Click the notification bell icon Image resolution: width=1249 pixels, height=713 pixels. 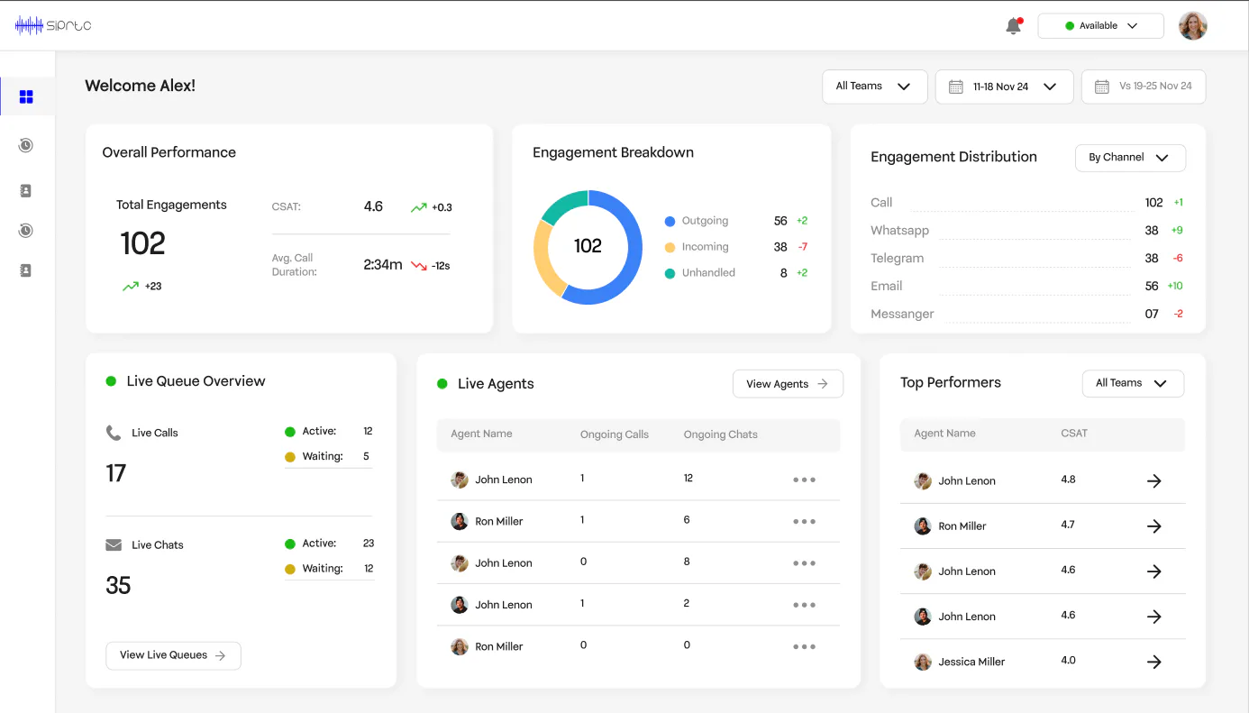(1014, 25)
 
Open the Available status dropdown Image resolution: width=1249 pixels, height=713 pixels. (1100, 25)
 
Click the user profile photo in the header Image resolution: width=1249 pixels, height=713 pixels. (1193, 25)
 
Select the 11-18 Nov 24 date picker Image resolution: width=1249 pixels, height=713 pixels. (1004, 87)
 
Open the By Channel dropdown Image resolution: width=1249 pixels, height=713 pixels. (1130, 158)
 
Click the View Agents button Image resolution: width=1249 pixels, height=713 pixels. (788, 384)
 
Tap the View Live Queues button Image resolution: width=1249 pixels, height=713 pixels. (173, 655)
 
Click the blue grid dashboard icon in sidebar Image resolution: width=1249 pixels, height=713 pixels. (26, 96)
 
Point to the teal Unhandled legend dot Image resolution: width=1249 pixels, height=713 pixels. (670, 273)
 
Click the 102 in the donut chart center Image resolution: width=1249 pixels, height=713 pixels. (588, 246)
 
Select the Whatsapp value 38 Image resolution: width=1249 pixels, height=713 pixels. (1152, 231)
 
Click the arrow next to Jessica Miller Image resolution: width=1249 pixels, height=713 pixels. (1153, 662)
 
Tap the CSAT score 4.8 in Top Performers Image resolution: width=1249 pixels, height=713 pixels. (1068, 480)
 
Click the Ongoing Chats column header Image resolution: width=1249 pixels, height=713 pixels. (720, 434)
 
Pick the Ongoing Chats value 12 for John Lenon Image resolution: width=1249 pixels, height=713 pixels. (688, 478)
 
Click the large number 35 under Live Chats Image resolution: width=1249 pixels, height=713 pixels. (118, 586)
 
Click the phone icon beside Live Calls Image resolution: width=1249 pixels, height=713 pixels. (114, 433)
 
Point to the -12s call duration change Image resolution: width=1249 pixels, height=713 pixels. (441, 266)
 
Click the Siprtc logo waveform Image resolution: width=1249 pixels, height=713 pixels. (29, 25)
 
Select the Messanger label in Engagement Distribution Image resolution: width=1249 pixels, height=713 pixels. (902, 314)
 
